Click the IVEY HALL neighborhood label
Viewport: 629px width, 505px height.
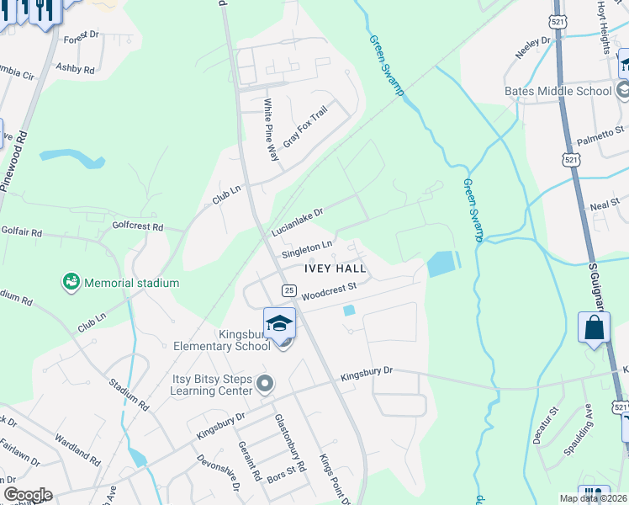336,268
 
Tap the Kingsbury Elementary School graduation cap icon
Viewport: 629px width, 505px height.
279,322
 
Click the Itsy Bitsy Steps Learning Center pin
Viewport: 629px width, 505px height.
265,385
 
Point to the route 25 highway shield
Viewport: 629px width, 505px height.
288,290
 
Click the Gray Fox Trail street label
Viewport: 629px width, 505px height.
304,127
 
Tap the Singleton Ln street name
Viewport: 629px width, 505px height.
306,249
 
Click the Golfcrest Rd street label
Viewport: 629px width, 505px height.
137,227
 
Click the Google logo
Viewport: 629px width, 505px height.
28,495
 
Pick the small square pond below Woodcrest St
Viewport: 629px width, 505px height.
349,311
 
